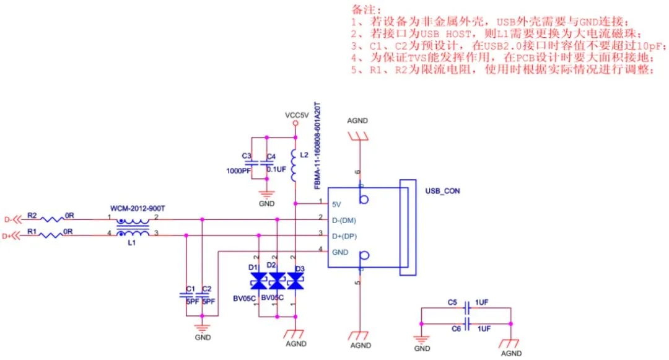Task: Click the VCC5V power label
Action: (x=296, y=115)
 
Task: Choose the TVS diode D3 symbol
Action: (x=297, y=283)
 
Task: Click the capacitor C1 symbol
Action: (x=186, y=294)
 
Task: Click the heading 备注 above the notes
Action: (x=363, y=11)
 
